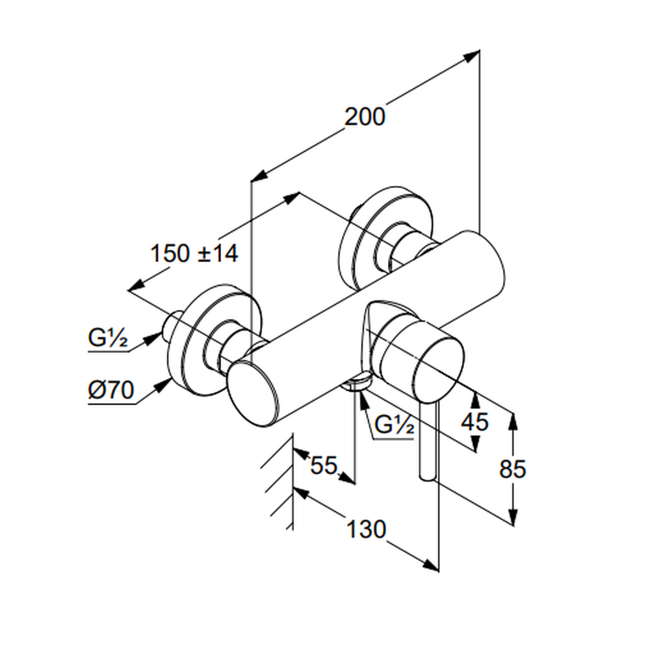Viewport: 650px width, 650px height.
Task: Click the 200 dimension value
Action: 365,117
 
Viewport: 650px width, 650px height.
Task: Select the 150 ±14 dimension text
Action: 194,253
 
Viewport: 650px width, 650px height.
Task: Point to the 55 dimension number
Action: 323,465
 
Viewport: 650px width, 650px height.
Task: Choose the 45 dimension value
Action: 474,422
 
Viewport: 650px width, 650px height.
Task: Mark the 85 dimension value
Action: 512,468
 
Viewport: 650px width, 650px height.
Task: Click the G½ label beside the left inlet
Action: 107,339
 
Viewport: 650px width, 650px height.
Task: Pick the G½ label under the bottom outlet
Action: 395,426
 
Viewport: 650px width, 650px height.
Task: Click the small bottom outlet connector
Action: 355,384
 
